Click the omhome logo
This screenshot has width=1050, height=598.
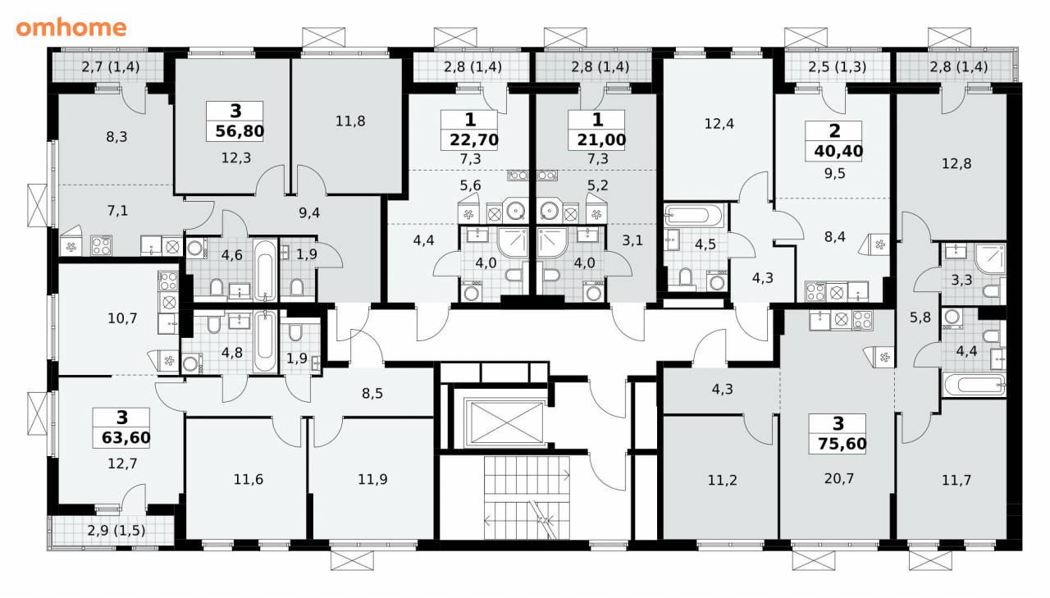click(71, 28)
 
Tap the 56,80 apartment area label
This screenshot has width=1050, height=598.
click(240, 131)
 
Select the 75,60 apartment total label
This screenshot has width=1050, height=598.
click(842, 443)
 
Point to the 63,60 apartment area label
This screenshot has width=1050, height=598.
click(126, 438)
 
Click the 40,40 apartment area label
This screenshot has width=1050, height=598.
click(838, 151)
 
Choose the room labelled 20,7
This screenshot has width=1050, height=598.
click(839, 478)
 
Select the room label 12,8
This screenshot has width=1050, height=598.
click(956, 163)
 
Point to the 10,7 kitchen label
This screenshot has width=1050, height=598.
click(122, 318)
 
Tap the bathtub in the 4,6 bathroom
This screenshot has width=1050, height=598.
click(265, 270)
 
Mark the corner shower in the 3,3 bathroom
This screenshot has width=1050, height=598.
click(990, 258)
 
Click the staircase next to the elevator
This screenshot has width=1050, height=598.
click(527, 498)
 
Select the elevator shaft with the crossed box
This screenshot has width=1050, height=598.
click(504, 422)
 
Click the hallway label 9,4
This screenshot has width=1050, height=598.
click(309, 212)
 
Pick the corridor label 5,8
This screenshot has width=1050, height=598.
click(920, 317)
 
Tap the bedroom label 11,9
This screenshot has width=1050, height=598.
click(372, 479)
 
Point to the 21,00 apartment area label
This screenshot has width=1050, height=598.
click(601, 139)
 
